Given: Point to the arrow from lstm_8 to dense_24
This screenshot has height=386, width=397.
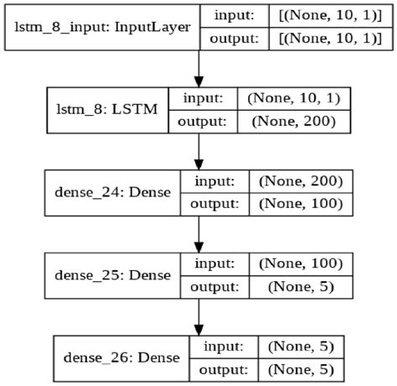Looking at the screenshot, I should (198, 150).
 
